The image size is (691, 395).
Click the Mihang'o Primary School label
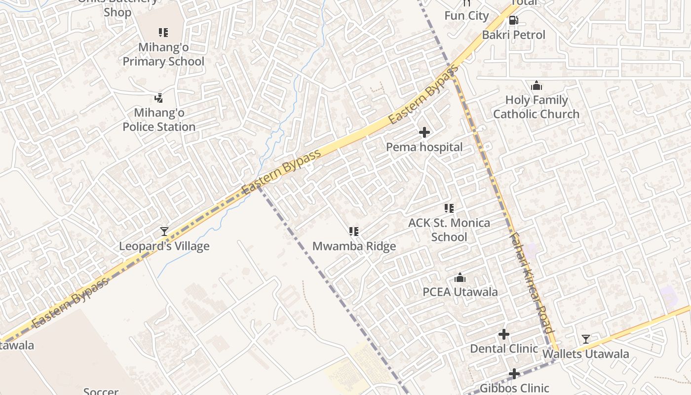[163, 55]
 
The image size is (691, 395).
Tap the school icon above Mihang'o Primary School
[163, 33]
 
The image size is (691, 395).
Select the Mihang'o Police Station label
[159, 120]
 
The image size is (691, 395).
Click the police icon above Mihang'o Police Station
[159, 98]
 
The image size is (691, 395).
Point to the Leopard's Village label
[164, 246]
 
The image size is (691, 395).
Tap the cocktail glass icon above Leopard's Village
[164, 231]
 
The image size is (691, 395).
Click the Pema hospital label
[424, 147]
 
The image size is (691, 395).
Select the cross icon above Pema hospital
[424, 132]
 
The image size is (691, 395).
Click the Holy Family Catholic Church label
[537, 107]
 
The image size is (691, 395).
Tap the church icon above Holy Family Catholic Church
[537, 86]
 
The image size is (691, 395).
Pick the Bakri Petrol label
[514, 35]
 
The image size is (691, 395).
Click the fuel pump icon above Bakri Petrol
[514, 20]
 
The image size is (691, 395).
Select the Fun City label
[466, 16]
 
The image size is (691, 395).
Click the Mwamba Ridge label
[354, 246]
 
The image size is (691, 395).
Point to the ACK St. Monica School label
[449, 230]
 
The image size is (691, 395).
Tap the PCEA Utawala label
[460, 292]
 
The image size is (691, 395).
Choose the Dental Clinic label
[504, 349]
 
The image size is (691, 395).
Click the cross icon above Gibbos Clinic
[514, 374]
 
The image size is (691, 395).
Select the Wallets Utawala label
[586, 354]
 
